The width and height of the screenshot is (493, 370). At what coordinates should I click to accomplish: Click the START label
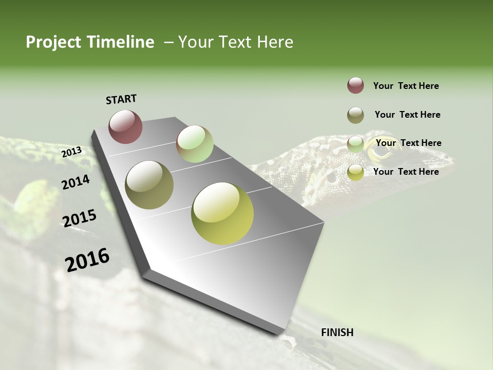pos(121,99)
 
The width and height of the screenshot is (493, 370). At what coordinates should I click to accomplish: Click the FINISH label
pos(337,332)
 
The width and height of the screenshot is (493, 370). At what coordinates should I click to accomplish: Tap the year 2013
pos(71,152)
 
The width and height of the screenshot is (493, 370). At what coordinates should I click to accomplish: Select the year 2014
pos(75,182)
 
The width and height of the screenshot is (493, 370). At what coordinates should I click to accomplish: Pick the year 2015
pos(79,218)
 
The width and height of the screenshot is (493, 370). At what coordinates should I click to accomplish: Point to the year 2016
pos(87,260)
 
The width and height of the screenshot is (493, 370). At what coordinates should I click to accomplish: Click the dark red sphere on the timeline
pos(125,126)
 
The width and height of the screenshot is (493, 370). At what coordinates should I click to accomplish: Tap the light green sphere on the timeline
pos(195,144)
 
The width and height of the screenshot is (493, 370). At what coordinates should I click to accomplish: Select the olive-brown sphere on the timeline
pos(149,185)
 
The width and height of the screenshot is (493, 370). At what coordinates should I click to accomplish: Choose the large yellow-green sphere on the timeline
pos(222,213)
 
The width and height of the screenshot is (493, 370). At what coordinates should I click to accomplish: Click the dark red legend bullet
pos(355,86)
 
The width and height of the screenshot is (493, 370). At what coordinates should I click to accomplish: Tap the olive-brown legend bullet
pos(355,115)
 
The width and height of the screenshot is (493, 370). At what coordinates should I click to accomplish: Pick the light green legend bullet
pos(355,144)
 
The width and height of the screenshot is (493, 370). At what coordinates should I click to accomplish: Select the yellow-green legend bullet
pos(355,172)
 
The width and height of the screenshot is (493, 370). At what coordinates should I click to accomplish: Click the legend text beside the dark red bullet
pos(406,86)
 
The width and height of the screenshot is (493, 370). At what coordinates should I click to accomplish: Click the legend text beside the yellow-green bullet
pos(406,172)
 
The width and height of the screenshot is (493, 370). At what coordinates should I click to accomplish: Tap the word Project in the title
pos(54,42)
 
